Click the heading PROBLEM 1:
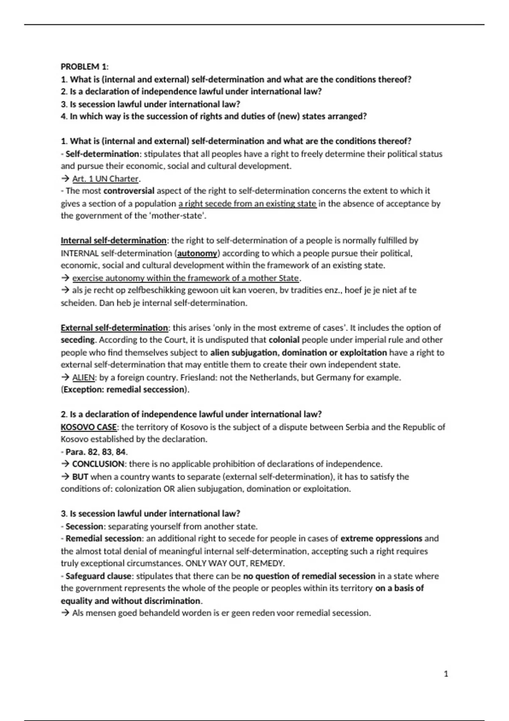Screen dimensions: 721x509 coord(84,67)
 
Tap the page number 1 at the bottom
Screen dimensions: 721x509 coord(446,673)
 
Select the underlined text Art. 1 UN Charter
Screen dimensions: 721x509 coord(106,179)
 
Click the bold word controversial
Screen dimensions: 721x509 coord(129,191)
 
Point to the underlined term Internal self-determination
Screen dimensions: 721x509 coord(113,240)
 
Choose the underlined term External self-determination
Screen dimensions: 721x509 coord(114,327)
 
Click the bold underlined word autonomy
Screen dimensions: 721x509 coord(197,253)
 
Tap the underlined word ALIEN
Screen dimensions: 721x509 coord(84,377)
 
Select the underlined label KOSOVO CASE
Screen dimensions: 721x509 coord(89,427)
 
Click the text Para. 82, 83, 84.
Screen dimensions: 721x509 coord(96,452)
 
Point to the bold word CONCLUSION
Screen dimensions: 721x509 coord(98,464)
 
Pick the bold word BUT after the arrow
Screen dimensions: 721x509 coord(80,476)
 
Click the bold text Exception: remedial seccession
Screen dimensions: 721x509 coord(125,389)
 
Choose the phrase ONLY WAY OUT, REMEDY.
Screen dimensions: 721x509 coord(235,563)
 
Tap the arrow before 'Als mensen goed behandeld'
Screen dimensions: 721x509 coord(65,613)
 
